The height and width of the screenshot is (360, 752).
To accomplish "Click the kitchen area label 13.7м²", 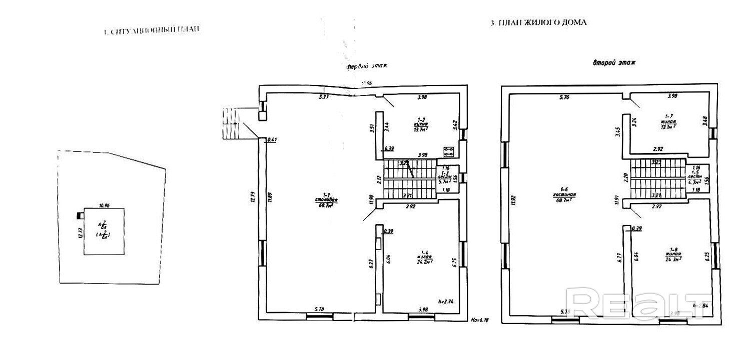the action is click(x=420, y=129).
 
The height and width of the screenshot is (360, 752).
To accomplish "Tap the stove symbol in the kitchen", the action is click(x=449, y=150).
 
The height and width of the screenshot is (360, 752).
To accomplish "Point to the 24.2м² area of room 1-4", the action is click(x=424, y=260).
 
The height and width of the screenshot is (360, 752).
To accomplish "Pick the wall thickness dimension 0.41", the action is click(x=272, y=140).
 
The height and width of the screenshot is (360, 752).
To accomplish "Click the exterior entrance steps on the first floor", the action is click(x=231, y=124).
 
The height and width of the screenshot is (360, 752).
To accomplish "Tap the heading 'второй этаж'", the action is click(x=614, y=63).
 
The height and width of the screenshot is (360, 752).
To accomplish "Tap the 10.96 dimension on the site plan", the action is click(x=104, y=205).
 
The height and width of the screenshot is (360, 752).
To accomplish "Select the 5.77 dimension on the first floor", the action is click(x=324, y=97).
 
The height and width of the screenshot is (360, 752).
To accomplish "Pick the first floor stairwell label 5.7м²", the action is click(x=444, y=182).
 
